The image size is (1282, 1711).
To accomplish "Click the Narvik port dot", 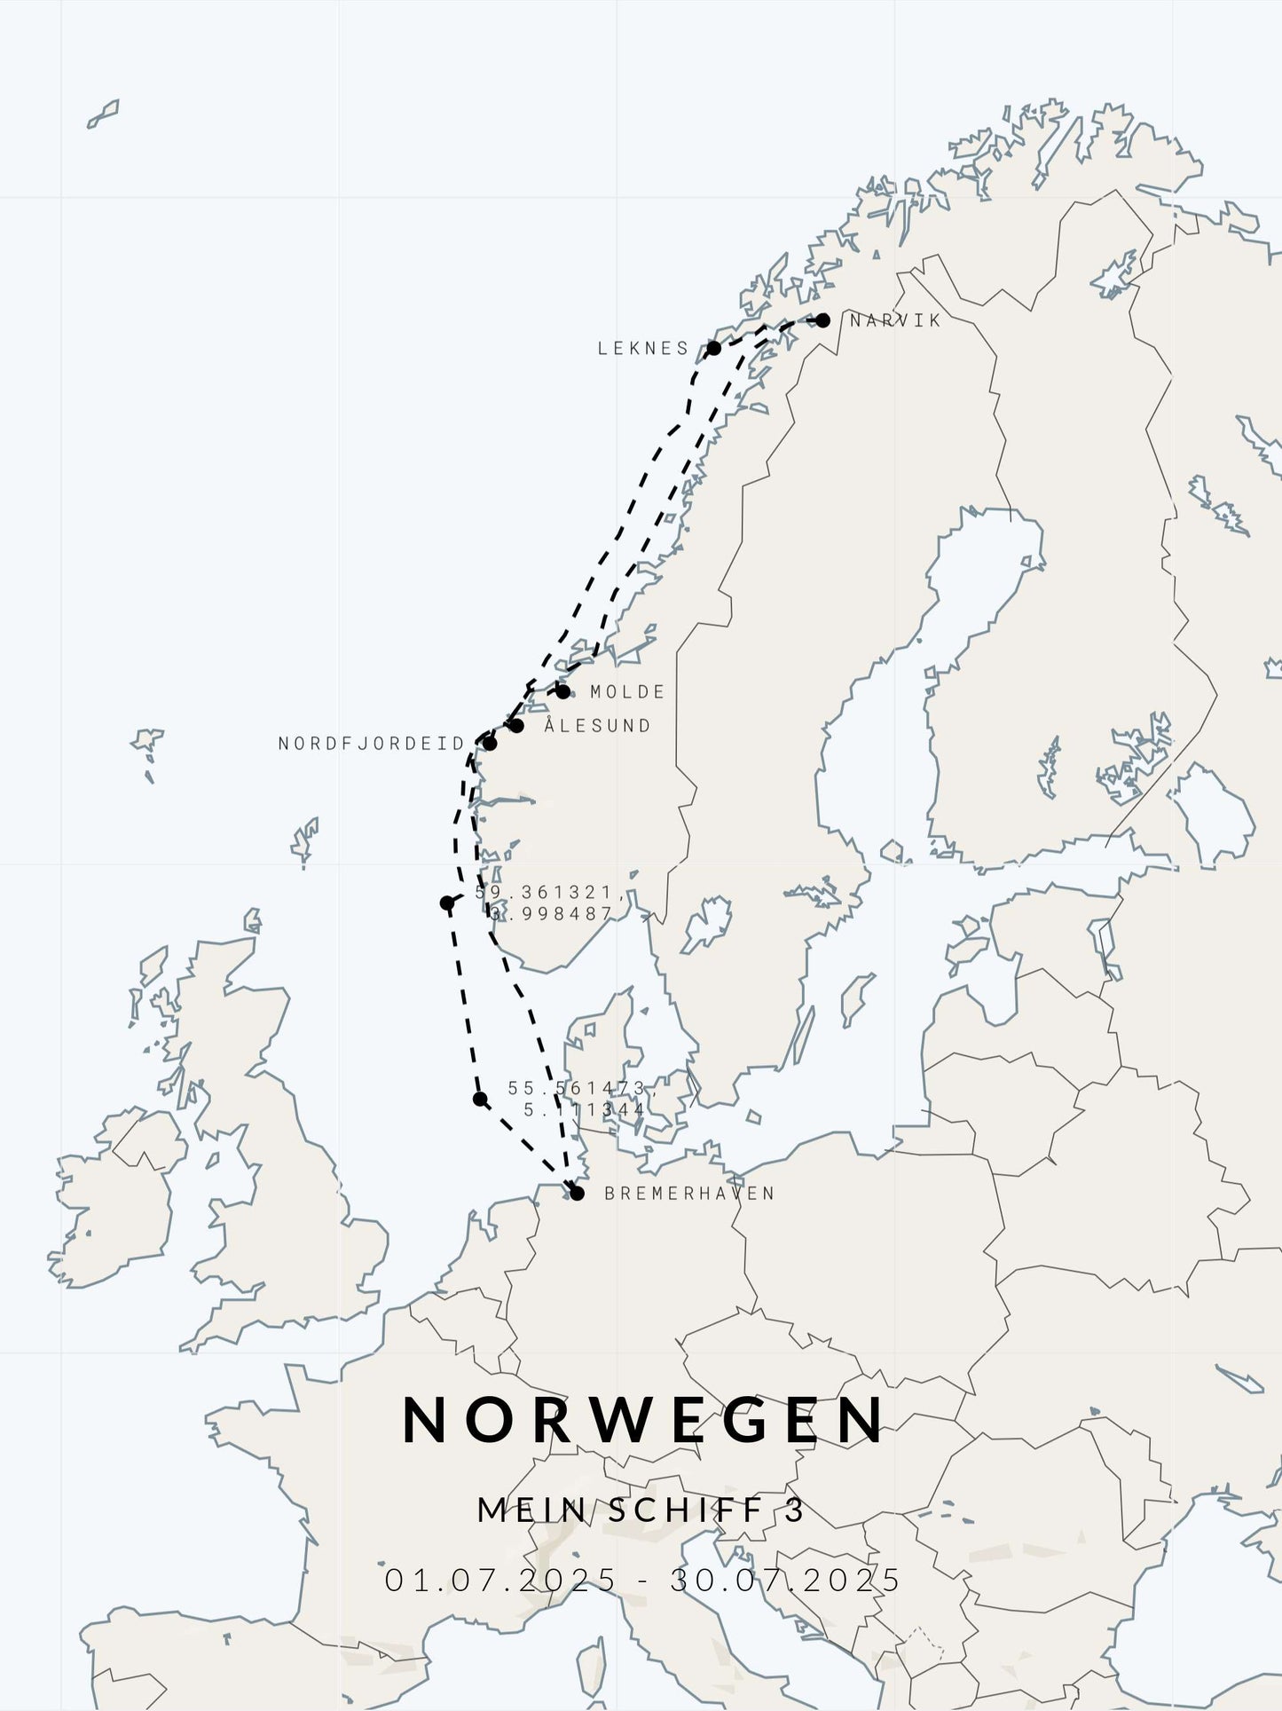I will (822, 320).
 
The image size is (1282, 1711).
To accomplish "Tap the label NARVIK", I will (894, 320).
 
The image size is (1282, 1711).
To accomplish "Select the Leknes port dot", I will (713, 348).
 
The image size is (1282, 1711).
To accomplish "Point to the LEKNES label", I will (643, 348).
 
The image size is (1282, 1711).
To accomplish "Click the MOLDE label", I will (627, 691).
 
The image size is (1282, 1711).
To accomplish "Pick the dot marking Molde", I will (562, 691).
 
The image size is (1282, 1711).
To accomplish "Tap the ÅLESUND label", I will (597, 726).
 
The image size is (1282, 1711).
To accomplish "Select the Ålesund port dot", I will (516, 726).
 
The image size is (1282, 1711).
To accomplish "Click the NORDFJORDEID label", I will (371, 744).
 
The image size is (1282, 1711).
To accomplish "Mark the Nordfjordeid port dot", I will (490, 743).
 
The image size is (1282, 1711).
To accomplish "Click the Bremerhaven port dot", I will (577, 1194).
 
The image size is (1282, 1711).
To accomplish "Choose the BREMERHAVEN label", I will (689, 1194).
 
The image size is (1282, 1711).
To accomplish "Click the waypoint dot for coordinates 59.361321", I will (447, 903).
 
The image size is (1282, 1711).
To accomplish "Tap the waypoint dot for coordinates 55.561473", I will (480, 1100).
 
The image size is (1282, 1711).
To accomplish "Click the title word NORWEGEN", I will (643, 1420).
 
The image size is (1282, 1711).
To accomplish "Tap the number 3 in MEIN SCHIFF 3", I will (795, 1510).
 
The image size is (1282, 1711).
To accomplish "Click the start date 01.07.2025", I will (499, 1580).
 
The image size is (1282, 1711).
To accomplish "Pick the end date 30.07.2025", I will (785, 1580).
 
